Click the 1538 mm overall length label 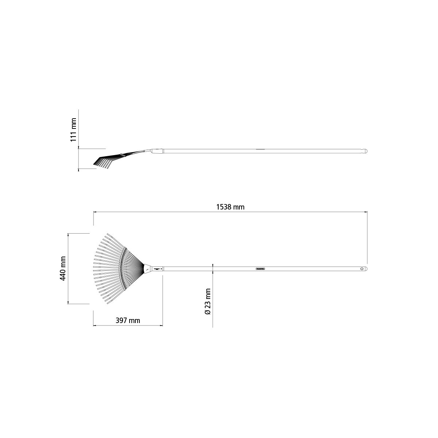(230, 207)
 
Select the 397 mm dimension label (128, 321)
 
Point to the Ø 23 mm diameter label (208, 301)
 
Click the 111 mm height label (73, 130)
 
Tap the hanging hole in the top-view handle (362, 269)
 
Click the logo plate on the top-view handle (261, 269)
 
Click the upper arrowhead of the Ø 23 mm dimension (212, 265)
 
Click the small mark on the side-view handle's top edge (260, 149)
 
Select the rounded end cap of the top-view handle (366, 269)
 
